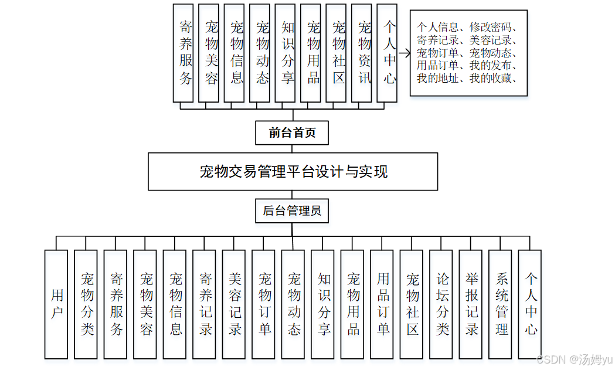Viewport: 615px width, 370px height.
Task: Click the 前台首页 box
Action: point(292,133)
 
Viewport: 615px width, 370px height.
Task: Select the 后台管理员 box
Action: point(292,211)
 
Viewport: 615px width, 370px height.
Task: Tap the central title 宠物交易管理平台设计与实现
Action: point(293,172)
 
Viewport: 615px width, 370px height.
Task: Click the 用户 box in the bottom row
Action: point(56,304)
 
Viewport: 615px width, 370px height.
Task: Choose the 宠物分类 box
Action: point(86,304)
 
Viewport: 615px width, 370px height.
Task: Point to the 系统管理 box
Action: point(501,304)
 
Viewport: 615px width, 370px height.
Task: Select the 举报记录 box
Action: point(471,304)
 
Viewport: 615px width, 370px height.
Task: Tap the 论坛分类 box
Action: point(441,304)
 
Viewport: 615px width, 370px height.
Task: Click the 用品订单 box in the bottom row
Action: point(382,304)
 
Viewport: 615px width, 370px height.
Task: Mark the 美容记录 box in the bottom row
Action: point(234,304)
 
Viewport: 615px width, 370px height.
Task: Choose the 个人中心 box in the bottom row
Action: point(530,304)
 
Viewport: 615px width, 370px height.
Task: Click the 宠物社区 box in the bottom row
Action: point(412,304)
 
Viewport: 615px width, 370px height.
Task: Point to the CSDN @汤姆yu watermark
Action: point(574,359)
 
